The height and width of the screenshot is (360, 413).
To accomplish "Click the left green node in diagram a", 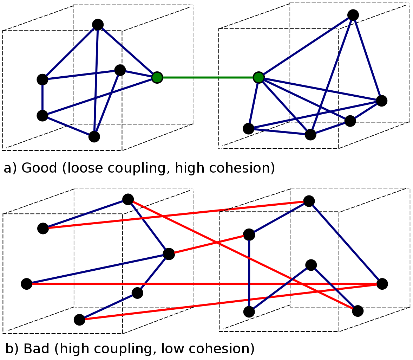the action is coord(157,78).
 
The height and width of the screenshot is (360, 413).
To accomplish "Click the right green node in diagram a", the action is coord(258,78).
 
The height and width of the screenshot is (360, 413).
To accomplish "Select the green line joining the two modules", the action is coord(208,78).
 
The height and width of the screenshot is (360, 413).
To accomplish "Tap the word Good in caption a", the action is coord(39,168).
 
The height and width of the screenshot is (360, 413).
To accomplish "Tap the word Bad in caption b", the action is coord(37,348).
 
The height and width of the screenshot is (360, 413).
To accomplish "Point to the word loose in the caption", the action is coord(85,168).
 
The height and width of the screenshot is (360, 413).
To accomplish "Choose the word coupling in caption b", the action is coord(122,349).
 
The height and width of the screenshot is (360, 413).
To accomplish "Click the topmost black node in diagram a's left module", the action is coord(98,25).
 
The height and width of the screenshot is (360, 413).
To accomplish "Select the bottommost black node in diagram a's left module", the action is coord(94,137).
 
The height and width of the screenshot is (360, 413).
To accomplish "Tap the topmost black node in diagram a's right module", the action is coord(353,15).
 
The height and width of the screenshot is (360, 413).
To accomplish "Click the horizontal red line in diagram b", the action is coord(204,284).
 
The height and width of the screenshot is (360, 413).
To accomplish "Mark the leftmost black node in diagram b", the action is coord(27,284).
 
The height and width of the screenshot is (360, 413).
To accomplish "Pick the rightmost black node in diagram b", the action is coord(382,284).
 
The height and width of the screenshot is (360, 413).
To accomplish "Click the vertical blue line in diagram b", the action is coord(249,273).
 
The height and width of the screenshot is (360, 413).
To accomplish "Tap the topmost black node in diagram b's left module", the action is coord(128,199).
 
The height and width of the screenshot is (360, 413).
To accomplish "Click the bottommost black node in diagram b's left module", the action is coord(79,320).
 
